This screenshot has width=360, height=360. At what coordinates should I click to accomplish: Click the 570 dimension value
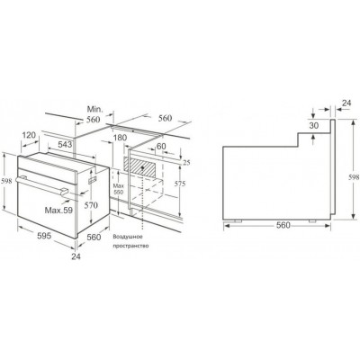pos(92,203)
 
